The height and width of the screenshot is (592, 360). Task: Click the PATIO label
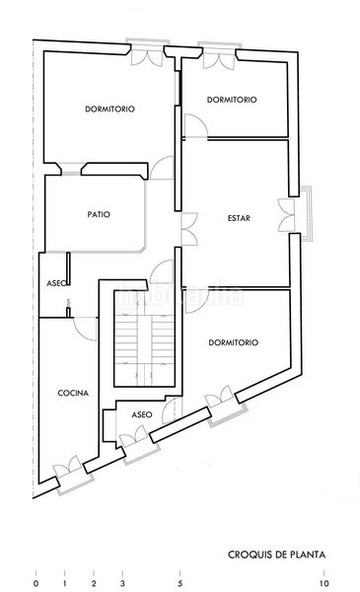click(99, 214)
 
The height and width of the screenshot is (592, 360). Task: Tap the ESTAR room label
click(239, 218)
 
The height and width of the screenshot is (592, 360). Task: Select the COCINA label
click(73, 393)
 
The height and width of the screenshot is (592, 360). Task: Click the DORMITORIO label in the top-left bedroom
click(109, 110)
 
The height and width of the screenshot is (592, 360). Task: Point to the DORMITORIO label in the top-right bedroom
click(232, 100)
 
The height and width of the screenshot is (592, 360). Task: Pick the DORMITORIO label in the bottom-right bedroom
click(234, 342)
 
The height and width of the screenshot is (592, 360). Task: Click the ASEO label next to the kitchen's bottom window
click(142, 414)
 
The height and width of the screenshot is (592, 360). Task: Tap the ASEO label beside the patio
click(56, 283)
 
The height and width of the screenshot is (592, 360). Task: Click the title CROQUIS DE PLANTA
click(276, 555)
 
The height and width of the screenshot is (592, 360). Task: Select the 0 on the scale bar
click(36, 583)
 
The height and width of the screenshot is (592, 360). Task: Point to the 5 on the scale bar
click(180, 583)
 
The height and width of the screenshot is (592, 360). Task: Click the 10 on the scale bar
click(324, 583)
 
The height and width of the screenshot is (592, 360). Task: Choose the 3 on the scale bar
click(122, 583)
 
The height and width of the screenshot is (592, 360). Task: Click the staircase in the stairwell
click(145, 338)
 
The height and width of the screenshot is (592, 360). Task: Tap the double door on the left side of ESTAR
click(189, 229)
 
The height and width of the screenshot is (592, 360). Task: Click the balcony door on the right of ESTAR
click(286, 215)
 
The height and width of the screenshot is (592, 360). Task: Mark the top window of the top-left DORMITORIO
click(148, 52)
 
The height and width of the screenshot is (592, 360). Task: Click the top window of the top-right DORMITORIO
click(219, 55)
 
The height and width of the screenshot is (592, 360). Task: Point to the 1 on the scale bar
click(65, 583)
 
